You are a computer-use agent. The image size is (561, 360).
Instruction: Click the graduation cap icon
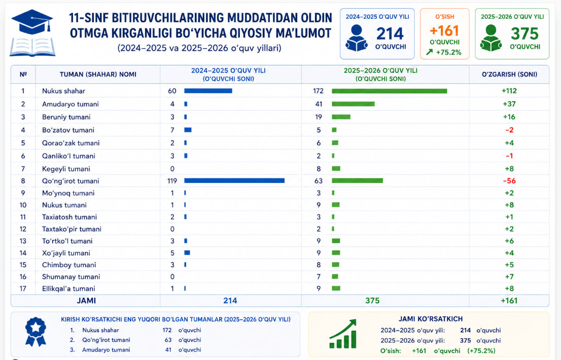[x=32, y=22]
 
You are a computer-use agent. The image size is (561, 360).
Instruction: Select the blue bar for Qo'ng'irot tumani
[x=234, y=181]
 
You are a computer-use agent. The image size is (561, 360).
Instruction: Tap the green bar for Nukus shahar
[x=389, y=91]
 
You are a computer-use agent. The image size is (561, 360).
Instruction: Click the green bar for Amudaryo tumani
[x=353, y=104]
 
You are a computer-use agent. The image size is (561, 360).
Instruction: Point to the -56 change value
[x=509, y=181]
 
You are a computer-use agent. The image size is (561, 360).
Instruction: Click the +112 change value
[x=509, y=91]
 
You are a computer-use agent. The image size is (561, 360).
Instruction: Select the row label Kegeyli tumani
[x=66, y=169]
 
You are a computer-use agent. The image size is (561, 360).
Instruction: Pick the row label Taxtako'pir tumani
[x=72, y=229]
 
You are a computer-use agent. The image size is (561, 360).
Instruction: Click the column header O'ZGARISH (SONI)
[x=509, y=75]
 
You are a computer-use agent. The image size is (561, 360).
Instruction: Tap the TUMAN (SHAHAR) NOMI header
[x=98, y=75]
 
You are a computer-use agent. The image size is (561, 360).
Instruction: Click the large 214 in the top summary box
[x=390, y=34]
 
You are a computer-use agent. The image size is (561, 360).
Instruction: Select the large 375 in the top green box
[x=524, y=34]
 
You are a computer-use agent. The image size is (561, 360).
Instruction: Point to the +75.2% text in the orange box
[x=449, y=53]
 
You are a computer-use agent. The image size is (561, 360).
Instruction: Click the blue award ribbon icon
[x=36, y=332]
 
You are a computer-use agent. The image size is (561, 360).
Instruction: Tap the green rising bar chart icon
[x=343, y=334]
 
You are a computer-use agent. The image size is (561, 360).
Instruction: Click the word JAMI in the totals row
[x=86, y=301]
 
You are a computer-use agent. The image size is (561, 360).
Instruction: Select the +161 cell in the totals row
[x=509, y=301]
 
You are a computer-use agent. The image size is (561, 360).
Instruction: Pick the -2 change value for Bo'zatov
[x=509, y=130]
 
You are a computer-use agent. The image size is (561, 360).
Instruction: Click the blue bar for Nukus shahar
[x=208, y=91]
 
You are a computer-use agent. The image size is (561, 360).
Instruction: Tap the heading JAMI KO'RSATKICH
[x=431, y=319]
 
